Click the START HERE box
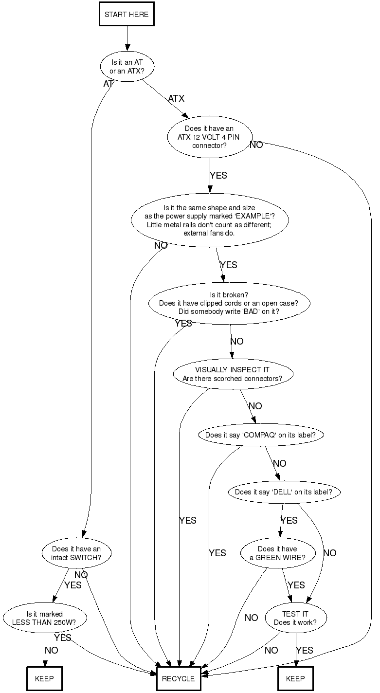pyautogui.click(x=127, y=15)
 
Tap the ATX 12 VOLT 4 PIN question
pyautogui.click(x=210, y=137)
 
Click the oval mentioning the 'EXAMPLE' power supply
pyautogui.click(x=210, y=220)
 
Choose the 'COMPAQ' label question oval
pyautogui.click(x=260, y=435)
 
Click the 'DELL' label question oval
pyautogui.click(x=284, y=492)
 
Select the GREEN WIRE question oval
pyautogui.click(x=277, y=553)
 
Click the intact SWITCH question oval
pyautogui.click(x=76, y=553)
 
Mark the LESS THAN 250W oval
pyautogui.click(x=45, y=618)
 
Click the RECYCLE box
pyautogui.click(x=178, y=678)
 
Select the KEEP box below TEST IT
pyautogui.click(x=295, y=678)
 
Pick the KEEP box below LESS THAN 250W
pyautogui.click(x=45, y=678)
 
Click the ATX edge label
pyautogui.click(x=176, y=99)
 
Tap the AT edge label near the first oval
pyautogui.click(x=108, y=84)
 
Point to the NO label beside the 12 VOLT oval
pyautogui.click(x=256, y=145)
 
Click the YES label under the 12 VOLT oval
pyautogui.click(x=218, y=176)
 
